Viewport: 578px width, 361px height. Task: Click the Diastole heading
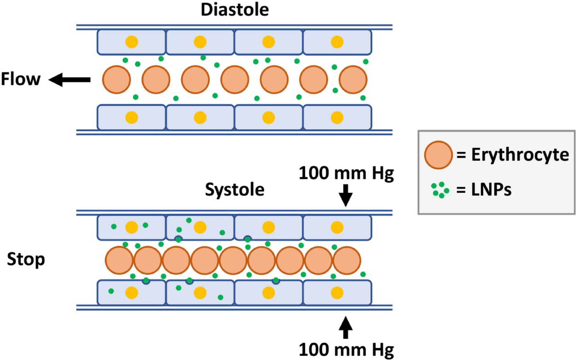tap(235, 10)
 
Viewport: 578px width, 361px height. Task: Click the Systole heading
tap(235, 189)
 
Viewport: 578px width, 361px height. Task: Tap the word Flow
tap(20, 79)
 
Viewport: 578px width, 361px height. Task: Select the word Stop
tap(26, 259)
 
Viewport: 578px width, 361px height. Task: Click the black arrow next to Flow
tap(70, 80)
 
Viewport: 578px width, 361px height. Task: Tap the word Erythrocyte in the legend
tap(520, 155)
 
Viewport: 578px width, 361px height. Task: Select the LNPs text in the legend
tap(491, 190)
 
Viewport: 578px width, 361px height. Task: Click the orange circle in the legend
tap(438, 155)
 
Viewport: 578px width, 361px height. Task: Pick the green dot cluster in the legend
tap(440, 190)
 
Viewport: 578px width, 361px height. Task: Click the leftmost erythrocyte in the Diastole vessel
tap(116, 80)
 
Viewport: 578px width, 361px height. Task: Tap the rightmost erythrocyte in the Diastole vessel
tap(353, 80)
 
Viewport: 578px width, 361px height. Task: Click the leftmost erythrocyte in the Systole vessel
tap(119, 260)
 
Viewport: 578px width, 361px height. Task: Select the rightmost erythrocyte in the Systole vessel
tap(347, 260)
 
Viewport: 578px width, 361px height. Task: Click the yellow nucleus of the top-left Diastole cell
tap(132, 42)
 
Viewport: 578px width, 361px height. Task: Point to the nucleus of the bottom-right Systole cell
tap(337, 293)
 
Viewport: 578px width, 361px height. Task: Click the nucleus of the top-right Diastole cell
tap(337, 42)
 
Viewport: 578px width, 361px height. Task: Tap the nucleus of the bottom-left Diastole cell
tap(132, 117)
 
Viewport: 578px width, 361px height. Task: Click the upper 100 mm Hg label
tap(346, 173)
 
